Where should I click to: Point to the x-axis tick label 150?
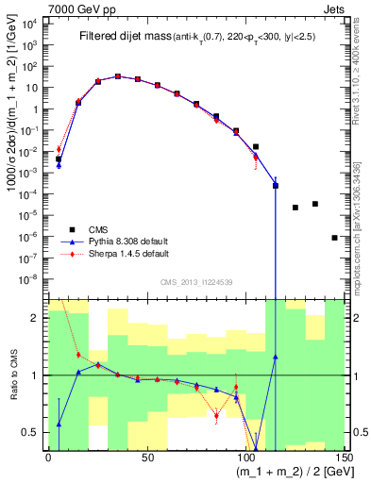tap(344, 458)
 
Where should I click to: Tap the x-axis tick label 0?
tap(48, 458)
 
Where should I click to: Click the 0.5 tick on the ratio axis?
tap(36, 432)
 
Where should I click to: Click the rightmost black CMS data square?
tap(335, 238)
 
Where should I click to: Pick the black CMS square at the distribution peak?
tap(118, 76)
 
